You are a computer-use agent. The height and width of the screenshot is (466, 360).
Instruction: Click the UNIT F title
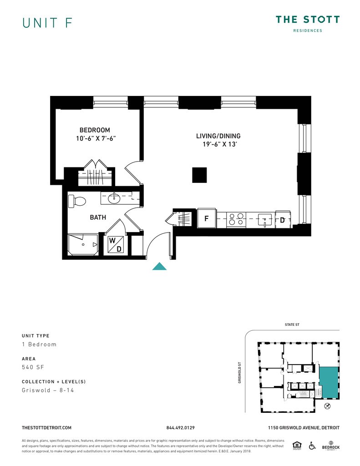[47, 23]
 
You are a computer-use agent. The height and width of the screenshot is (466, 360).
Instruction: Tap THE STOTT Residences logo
[307, 23]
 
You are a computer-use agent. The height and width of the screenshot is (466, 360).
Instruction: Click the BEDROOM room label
[95, 130]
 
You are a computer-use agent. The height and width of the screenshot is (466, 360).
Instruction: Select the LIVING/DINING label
[218, 136]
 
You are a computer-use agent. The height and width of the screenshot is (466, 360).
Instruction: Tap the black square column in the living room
[199, 175]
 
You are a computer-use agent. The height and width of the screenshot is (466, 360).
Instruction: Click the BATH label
[98, 217]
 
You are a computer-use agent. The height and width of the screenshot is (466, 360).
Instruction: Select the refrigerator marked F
[207, 219]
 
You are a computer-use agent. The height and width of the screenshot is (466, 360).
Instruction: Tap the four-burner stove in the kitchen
[236, 219]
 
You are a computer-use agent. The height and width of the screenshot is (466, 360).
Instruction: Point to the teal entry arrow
[159, 267]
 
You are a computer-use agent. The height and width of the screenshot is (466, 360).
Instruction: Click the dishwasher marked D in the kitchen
[283, 220]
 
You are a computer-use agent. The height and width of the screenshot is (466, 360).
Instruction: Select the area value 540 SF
[33, 367]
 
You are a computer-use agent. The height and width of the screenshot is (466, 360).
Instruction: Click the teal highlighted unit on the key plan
[329, 381]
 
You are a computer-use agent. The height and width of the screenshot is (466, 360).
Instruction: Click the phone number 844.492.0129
[181, 428]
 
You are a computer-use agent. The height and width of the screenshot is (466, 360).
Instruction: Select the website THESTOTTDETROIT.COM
[47, 428]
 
